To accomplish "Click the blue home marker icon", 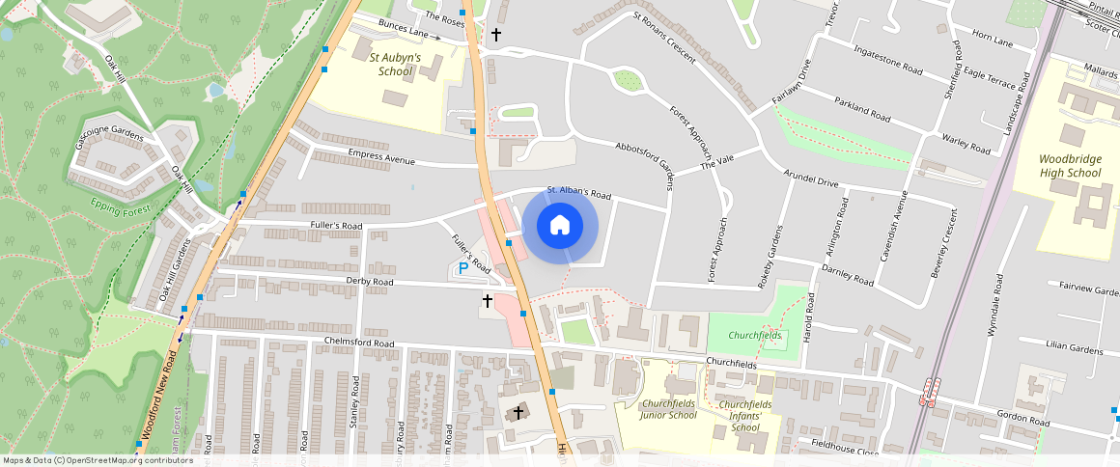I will pos(559,227).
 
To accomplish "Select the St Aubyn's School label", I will pos(396,65).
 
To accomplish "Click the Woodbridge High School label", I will pos(1070,165).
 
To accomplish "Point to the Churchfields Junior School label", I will pos(668,409).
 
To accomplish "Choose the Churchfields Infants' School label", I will pos(745,416).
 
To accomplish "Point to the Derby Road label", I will pos(370,282).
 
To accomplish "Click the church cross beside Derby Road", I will pos(488,301).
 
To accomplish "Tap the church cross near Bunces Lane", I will pos(496,35).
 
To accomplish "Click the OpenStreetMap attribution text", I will pos(97,460).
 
